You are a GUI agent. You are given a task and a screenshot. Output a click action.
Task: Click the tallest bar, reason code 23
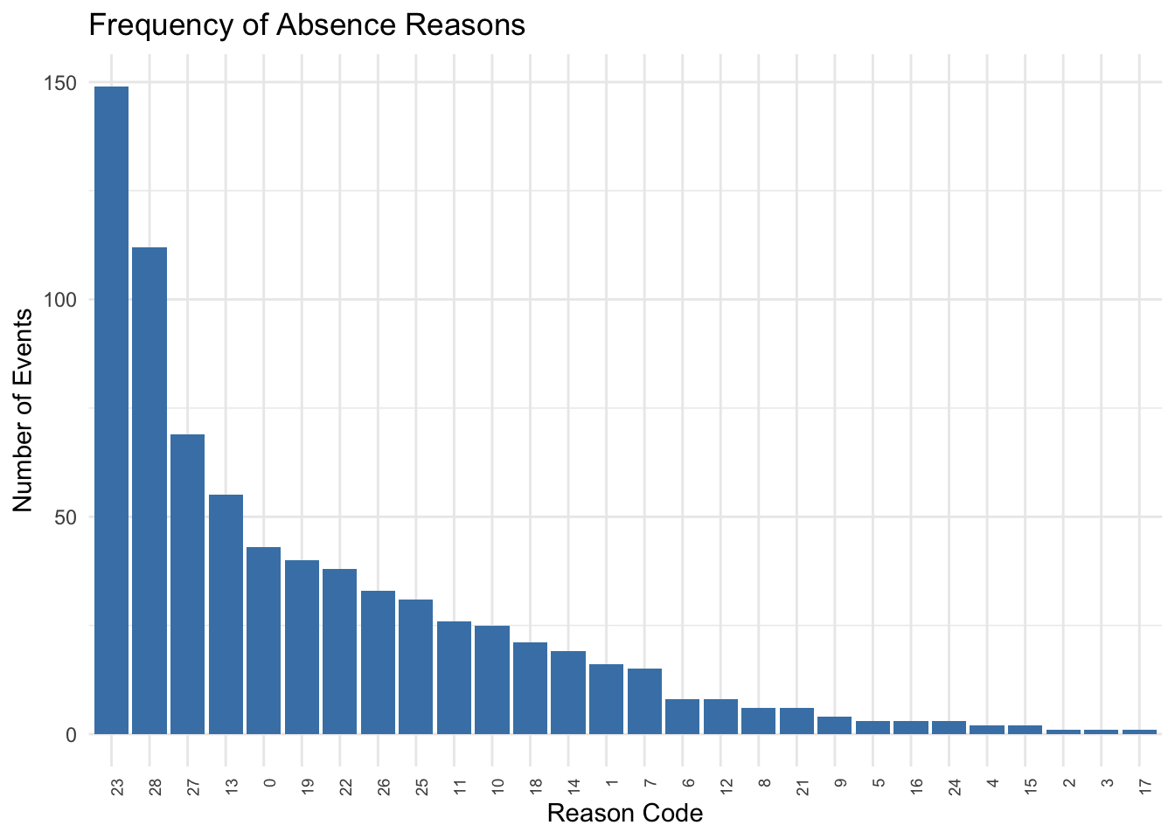[112, 411]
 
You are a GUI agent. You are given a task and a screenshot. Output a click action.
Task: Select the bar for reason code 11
[454, 677]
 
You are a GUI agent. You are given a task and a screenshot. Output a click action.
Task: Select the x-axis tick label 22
[345, 787]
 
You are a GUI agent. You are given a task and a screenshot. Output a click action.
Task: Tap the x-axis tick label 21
[803, 787]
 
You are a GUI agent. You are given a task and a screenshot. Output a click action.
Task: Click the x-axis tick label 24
[955, 787]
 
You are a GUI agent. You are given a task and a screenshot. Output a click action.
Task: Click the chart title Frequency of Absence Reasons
[307, 25]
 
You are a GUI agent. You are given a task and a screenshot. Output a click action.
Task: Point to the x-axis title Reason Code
[624, 814]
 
